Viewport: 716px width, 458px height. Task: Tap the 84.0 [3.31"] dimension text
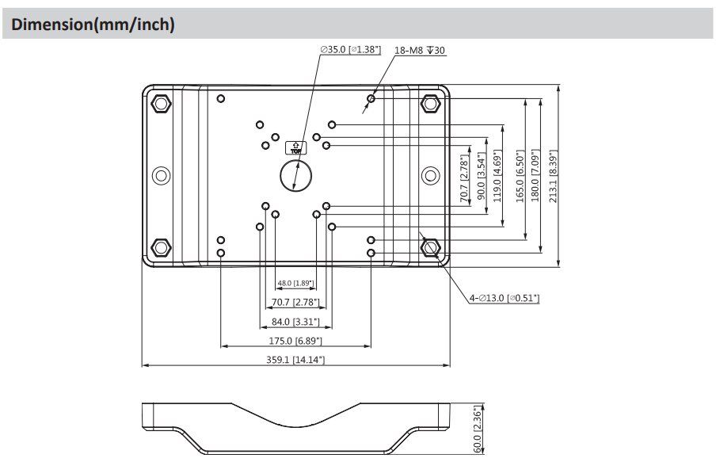pyautogui.click(x=295, y=321)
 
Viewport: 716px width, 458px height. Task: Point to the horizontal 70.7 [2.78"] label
pyautogui.click(x=295, y=302)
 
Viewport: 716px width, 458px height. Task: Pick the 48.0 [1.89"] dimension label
pyautogui.click(x=295, y=283)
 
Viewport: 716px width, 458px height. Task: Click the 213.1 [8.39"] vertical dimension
pyautogui.click(x=554, y=177)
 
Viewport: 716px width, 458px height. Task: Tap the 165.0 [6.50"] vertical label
pyautogui.click(x=520, y=176)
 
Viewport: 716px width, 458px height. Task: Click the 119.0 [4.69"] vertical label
pyautogui.click(x=497, y=176)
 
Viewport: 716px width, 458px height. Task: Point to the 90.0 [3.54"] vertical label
pyautogui.click(x=480, y=176)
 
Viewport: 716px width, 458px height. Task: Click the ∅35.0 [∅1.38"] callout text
pyautogui.click(x=350, y=50)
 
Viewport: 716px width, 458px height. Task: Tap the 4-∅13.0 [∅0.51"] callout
pyautogui.click(x=504, y=298)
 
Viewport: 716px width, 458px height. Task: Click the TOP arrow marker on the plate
pyautogui.click(x=295, y=148)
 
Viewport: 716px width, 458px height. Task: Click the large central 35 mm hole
pyautogui.click(x=295, y=174)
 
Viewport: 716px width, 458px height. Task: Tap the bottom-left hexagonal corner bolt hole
pyautogui.click(x=161, y=247)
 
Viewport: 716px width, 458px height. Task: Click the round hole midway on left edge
pyautogui.click(x=161, y=175)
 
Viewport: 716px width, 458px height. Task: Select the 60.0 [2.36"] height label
pyautogui.click(x=477, y=428)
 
